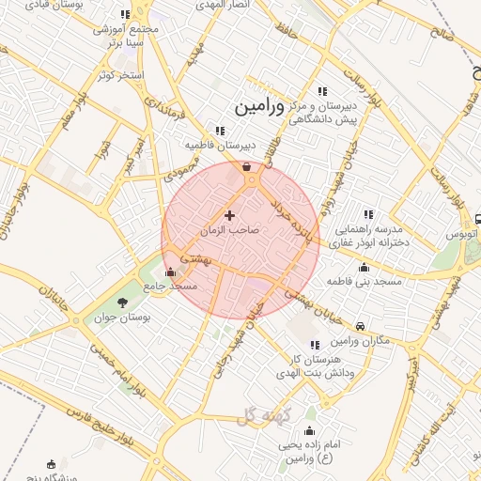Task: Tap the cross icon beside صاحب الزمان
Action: tap(229, 216)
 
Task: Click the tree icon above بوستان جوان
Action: tap(122, 302)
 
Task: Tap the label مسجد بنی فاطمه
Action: tap(365, 281)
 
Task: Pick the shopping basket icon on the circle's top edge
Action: tap(246, 167)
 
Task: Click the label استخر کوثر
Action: tap(118, 74)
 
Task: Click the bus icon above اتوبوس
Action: tap(477, 216)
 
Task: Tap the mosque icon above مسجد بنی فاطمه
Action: tap(364, 267)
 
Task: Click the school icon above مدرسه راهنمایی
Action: tap(367, 215)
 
